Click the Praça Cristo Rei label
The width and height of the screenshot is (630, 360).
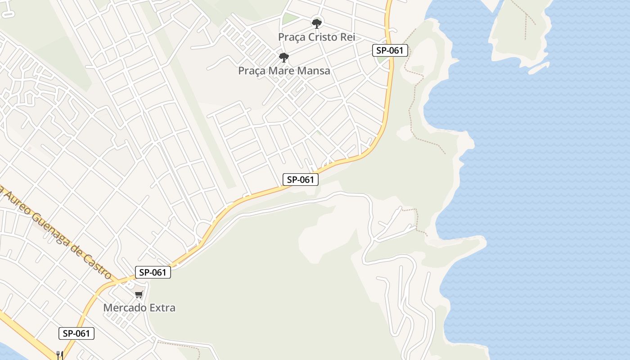(x=316, y=37)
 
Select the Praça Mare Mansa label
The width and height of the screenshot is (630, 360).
(x=284, y=71)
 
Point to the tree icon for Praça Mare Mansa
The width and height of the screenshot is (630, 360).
(x=283, y=58)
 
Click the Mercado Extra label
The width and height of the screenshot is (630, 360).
(x=139, y=308)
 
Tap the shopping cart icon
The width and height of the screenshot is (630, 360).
(x=139, y=294)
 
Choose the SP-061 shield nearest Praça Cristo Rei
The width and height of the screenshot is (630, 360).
(x=390, y=50)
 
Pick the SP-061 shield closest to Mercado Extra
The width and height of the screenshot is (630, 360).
(x=153, y=272)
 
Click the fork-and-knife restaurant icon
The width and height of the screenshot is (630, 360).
(x=59, y=355)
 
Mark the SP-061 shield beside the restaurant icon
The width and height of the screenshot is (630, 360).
(x=76, y=333)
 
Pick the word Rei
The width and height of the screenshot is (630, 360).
(x=347, y=37)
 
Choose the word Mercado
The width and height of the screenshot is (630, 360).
(x=125, y=308)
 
